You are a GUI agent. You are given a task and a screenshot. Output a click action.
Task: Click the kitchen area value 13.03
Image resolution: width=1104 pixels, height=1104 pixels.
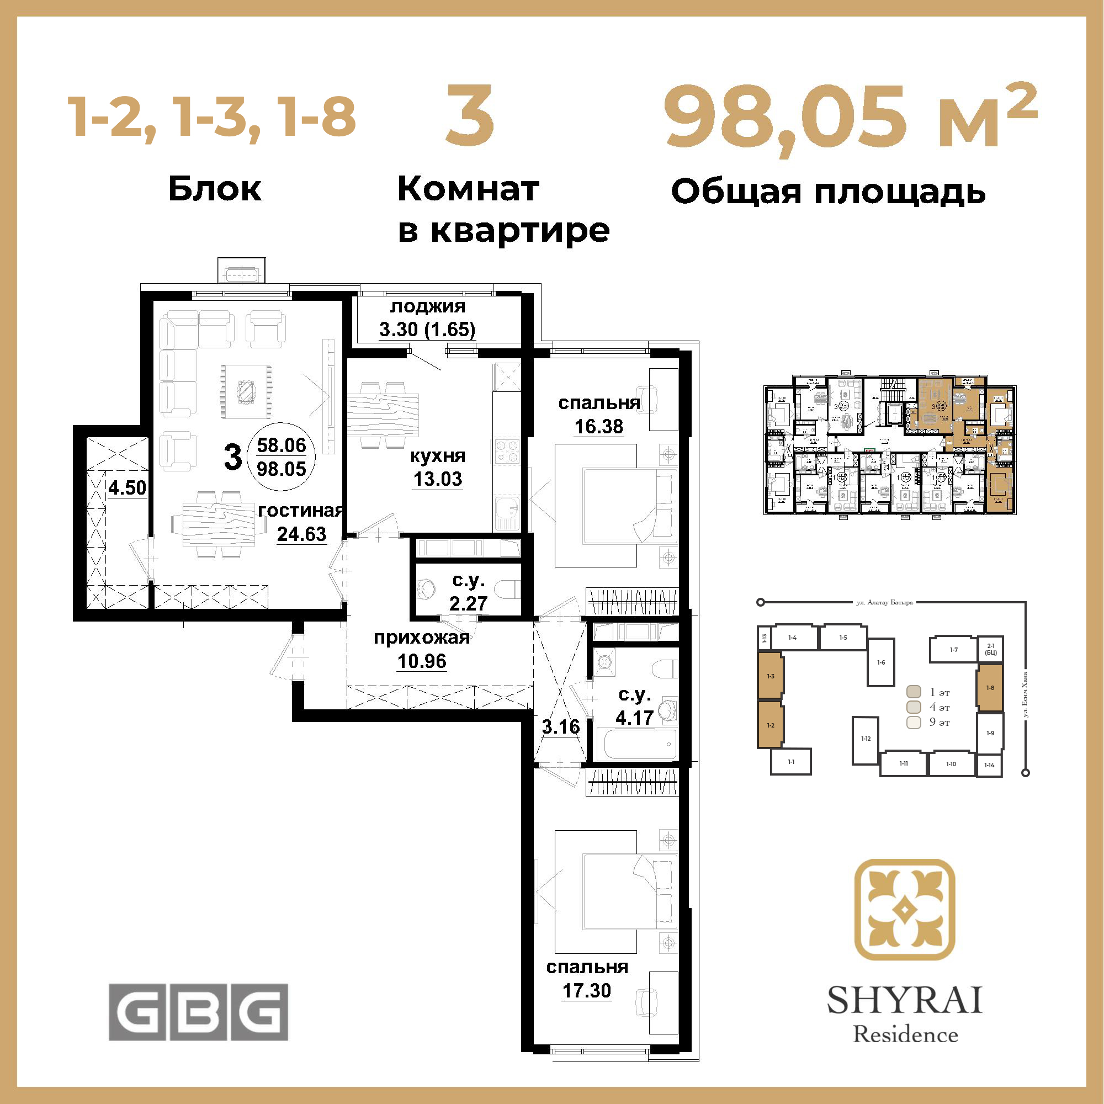[438, 479]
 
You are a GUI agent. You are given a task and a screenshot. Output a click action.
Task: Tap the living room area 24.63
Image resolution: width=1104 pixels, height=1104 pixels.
[302, 534]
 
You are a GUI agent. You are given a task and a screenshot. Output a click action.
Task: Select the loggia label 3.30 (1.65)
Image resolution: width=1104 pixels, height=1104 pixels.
[427, 330]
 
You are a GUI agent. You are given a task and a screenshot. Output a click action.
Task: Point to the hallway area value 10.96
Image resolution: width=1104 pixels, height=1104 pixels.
[422, 661]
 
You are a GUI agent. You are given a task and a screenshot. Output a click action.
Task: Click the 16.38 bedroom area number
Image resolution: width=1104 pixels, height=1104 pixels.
[599, 426]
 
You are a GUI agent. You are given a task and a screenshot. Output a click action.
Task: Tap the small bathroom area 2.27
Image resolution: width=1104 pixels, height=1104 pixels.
[468, 603]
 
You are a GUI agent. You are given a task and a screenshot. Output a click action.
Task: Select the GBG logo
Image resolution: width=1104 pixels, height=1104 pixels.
[198, 1012]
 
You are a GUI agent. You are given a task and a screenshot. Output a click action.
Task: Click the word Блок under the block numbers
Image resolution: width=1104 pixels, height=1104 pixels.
[215, 189]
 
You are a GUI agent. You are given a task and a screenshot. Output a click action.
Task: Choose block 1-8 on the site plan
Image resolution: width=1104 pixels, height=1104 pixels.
[990, 687]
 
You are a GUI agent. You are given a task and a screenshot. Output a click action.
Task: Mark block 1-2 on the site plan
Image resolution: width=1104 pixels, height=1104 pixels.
[770, 725]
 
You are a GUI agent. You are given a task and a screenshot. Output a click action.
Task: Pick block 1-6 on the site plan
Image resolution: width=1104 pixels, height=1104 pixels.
[881, 662]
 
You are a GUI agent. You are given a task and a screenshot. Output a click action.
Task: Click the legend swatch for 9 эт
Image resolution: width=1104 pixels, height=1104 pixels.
[914, 722]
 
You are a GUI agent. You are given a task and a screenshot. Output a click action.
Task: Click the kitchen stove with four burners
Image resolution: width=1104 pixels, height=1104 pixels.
[507, 450]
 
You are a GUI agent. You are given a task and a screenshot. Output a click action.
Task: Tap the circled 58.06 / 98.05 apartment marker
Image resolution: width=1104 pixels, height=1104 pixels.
[281, 457]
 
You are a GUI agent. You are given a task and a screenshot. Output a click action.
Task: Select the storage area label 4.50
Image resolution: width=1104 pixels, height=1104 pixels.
[128, 488]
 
